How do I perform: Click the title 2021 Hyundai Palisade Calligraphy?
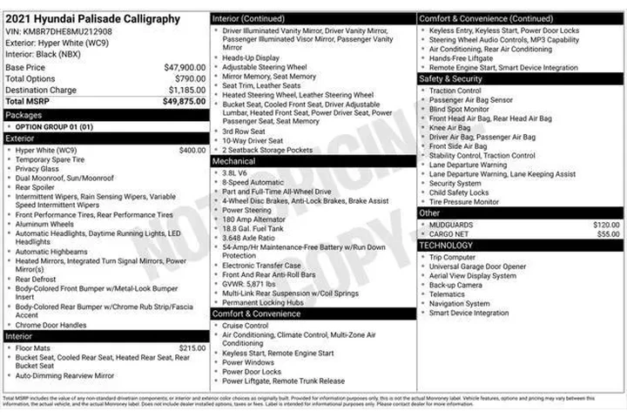coord(92,18)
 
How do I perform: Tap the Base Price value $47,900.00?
coord(185,67)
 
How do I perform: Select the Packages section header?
coord(24,115)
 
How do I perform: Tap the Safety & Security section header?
coord(450,79)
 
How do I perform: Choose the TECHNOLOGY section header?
coord(447,246)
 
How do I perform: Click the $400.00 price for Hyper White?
coord(192,150)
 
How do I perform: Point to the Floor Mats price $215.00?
coord(192,347)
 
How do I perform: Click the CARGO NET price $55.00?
coord(609,234)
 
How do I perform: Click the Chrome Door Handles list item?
coord(51,325)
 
